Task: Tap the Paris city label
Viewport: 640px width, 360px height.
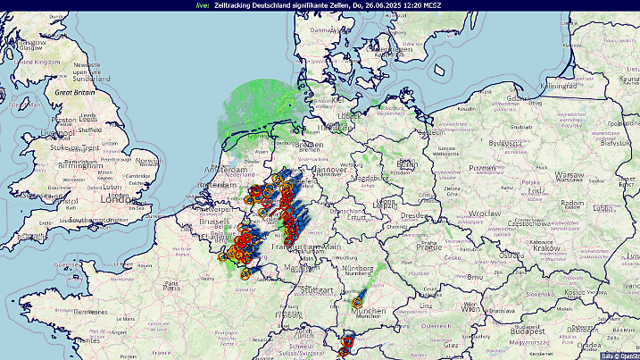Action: (172, 286)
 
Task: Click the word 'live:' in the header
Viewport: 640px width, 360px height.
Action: (202, 5)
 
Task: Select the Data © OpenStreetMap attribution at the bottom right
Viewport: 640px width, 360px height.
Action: (619, 356)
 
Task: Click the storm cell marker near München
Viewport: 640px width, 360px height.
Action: (357, 303)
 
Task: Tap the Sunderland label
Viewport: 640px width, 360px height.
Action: (96, 79)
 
